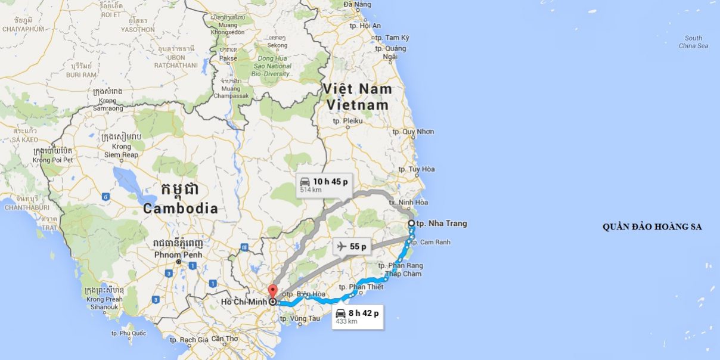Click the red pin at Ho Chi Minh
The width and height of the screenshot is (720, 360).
click(273, 292)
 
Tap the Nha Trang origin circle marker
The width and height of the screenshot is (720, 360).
click(411, 224)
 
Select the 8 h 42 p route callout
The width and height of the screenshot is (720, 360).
click(358, 315)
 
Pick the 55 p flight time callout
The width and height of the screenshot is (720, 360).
click(352, 246)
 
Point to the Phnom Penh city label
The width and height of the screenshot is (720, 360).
click(179, 255)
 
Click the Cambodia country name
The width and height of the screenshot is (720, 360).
click(180, 209)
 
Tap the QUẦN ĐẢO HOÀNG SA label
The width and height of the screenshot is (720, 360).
click(652, 226)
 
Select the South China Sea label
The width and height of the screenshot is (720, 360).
click(693, 42)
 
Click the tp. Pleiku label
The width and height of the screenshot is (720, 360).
click(348, 120)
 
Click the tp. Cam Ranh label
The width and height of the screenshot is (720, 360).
click(430, 242)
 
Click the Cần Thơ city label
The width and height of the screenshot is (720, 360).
click(224, 339)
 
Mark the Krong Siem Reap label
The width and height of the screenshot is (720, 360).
click(122, 151)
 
